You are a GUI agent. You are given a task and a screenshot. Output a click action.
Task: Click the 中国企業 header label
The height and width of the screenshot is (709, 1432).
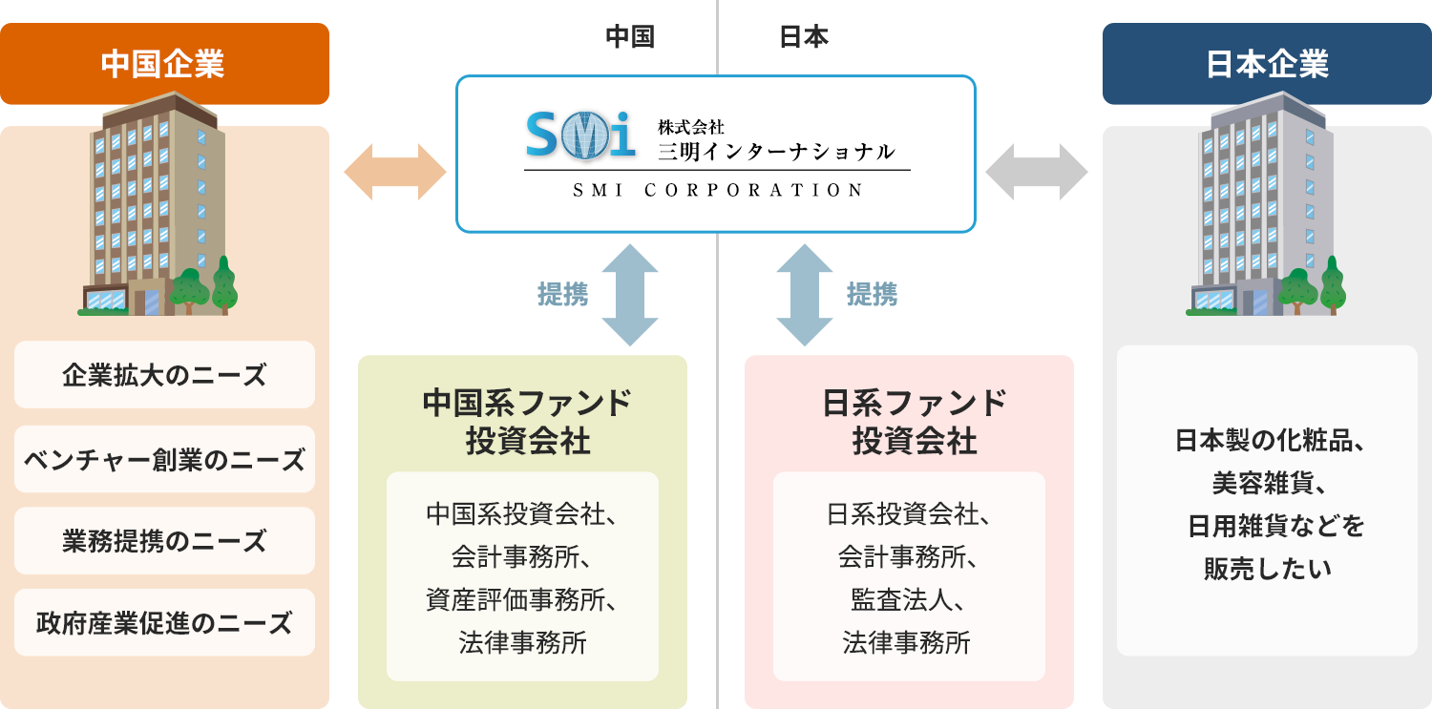click(162, 65)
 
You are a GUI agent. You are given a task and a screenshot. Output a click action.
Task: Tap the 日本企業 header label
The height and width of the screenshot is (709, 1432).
click(1267, 65)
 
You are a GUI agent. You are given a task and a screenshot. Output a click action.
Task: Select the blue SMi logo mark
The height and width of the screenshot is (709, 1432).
click(580, 136)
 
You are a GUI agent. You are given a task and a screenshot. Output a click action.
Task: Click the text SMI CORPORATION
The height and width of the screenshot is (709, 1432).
click(718, 190)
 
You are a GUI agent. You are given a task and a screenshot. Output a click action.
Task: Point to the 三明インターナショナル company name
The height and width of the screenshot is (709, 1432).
click(776, 152)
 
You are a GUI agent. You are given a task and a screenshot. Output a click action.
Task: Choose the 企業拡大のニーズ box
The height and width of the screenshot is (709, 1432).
click(164, 375)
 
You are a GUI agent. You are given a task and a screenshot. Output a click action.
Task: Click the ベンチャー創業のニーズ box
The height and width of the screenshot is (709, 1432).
click(164, 460)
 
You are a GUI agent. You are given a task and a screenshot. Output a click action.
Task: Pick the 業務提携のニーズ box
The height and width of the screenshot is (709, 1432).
click(164, 541)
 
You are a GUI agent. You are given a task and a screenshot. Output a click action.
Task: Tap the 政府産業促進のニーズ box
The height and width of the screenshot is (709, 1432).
click(164, 623)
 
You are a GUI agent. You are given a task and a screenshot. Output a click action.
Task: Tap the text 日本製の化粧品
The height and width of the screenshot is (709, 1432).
click(1267, 442)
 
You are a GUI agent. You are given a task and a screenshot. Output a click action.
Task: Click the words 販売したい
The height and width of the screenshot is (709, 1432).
click(1267, 569)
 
